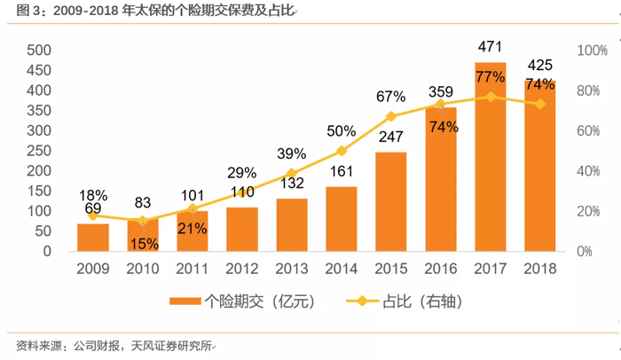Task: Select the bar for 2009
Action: [x=93, y=237]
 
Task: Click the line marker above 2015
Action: [x=391, y=116]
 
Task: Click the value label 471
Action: [x=491, y=45]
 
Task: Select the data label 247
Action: [x=391, y=137]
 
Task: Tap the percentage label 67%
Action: [x=391, y=96]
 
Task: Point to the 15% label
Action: [x=143, y=242]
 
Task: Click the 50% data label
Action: [x=342, y=131]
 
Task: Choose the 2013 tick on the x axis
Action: [x=292, y=268]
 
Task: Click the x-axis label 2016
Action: [x=441, y=268]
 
